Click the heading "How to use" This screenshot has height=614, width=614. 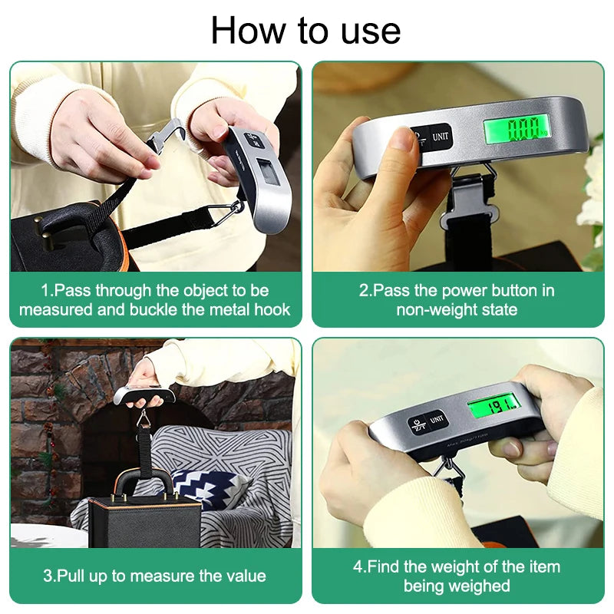[305, 31]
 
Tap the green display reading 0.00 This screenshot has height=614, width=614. [516, 127]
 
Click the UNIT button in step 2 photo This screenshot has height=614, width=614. [441, 137]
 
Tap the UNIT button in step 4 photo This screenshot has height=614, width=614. [437, 419]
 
